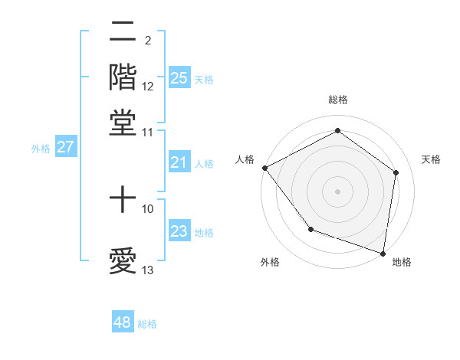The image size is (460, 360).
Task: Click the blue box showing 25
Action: pos(179,77)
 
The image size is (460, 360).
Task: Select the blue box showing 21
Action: pos(179,162)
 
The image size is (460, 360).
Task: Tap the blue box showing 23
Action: pos(179,231)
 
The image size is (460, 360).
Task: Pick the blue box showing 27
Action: pos(64,147)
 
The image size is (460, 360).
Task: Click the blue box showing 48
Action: pos(122,322)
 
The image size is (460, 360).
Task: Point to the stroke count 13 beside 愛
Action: pos(148,270)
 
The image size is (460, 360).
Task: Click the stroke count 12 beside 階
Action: pos(148,87)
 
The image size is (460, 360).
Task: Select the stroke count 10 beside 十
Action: pos(148,208)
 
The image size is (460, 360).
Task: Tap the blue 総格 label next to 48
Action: pos(147,324)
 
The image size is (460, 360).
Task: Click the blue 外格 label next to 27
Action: pos(41,149)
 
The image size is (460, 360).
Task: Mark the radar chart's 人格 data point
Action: pos(264,168)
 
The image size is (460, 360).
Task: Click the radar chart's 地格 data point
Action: pos(383,253)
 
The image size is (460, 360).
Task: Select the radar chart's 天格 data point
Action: pos(396,172)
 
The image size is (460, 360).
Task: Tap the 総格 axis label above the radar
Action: pos(338,100)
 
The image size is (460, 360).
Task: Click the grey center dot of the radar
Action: pos(337,191)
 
